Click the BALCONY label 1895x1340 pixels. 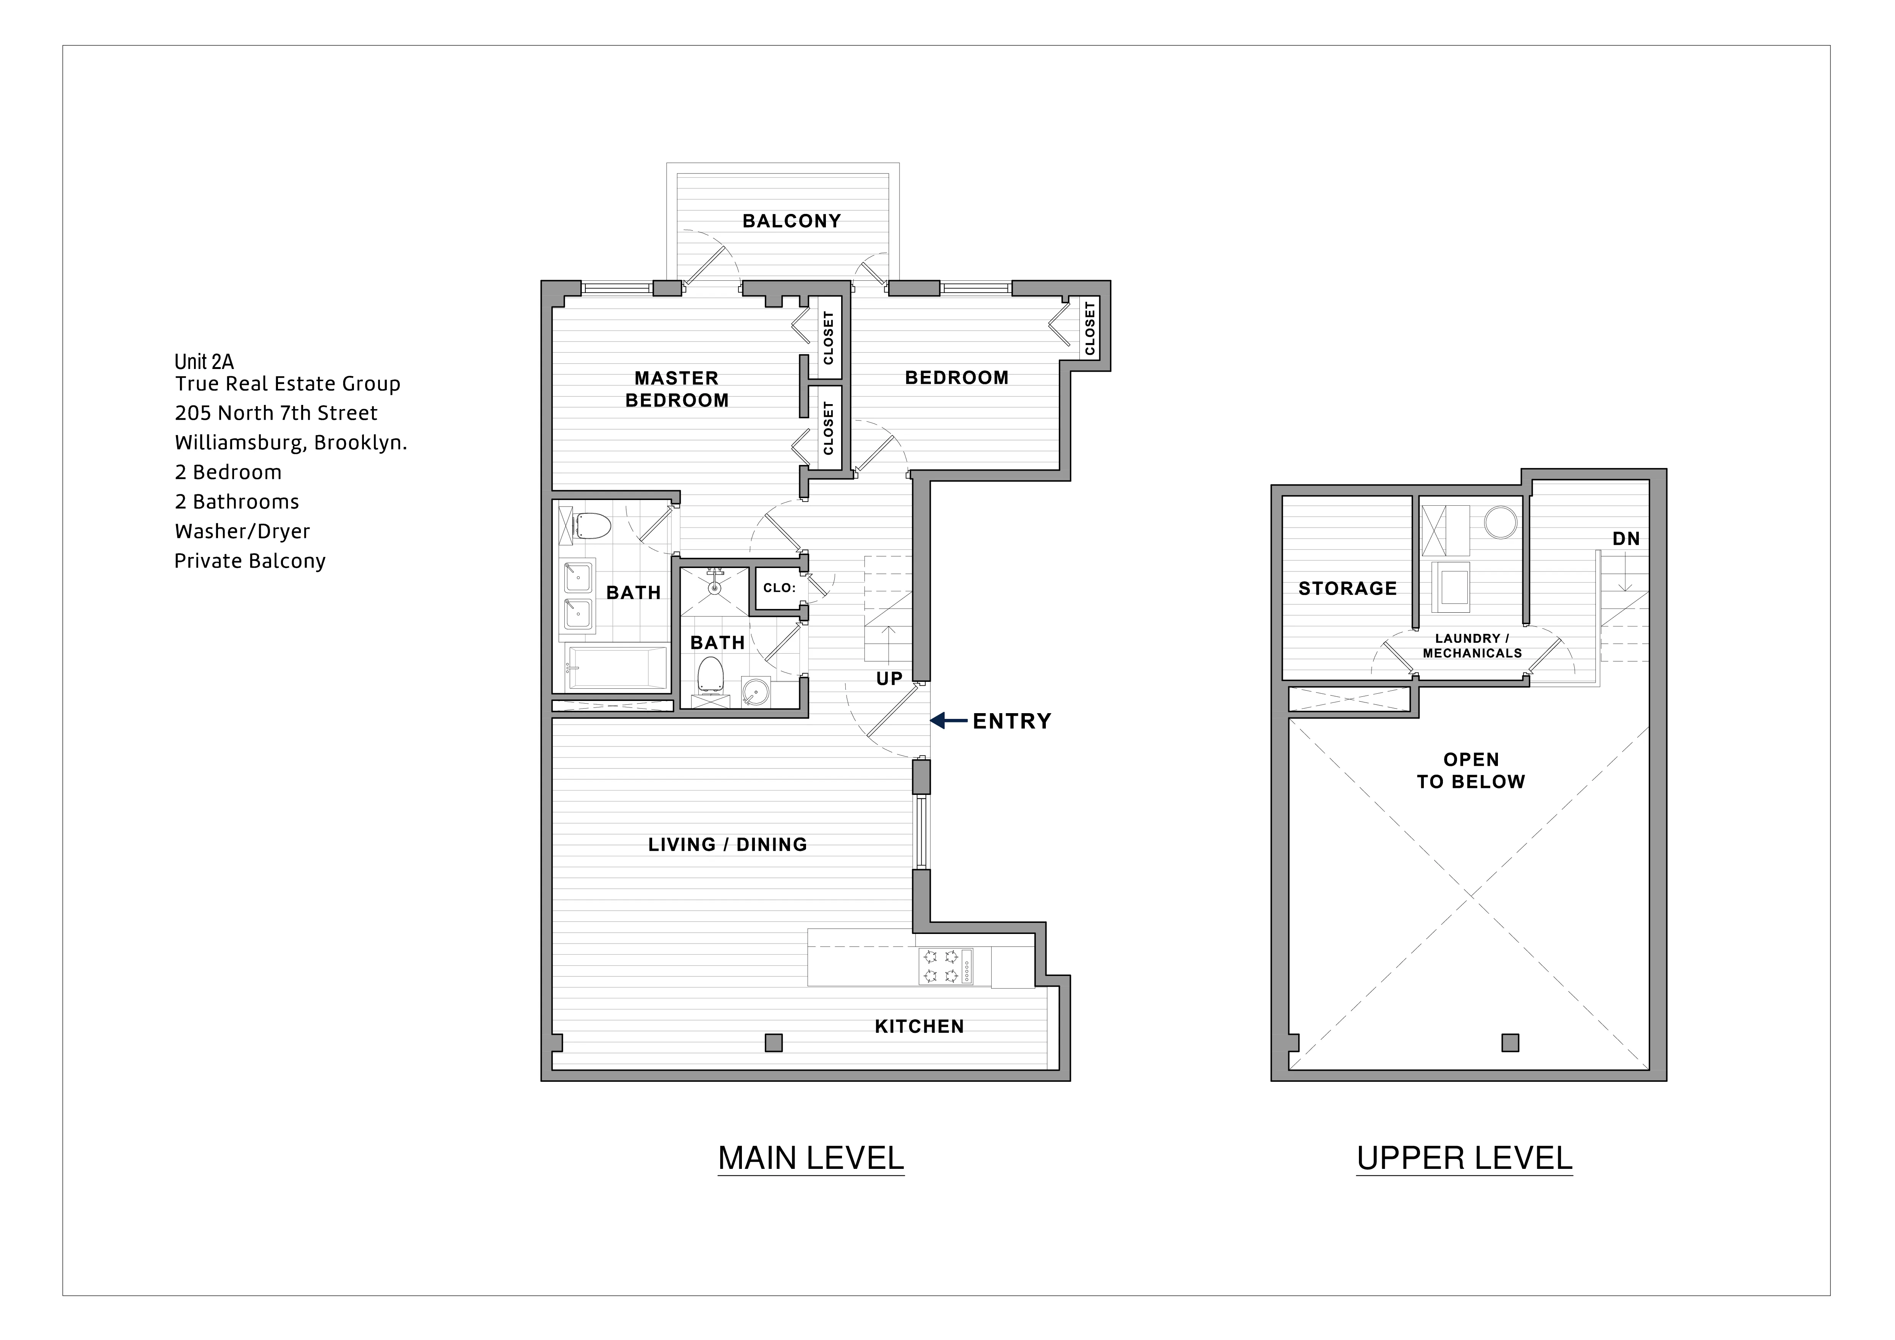pos(791,221)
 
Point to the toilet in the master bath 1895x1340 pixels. pos(593,525)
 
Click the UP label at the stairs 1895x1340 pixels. pos(889,679)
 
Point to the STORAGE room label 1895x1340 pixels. pos(1347,589)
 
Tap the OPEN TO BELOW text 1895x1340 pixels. pos(1471,770)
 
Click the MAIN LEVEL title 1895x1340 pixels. pos(811,1158)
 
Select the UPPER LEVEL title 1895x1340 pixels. pos(1464,1158)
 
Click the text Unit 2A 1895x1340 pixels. pos(204,362)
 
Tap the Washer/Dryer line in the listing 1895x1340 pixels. pos(242,531)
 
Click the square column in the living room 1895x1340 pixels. pos(773,1043)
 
